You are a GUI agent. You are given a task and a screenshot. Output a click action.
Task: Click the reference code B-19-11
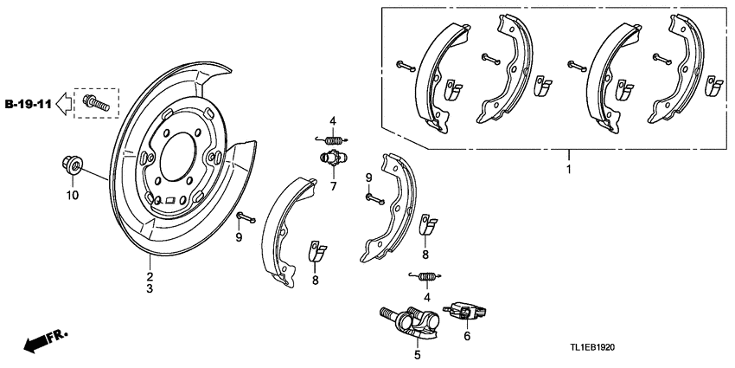click(28, 104)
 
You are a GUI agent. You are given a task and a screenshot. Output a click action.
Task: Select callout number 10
click(73, 196)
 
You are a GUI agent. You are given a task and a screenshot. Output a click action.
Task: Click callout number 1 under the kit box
click(568, 170)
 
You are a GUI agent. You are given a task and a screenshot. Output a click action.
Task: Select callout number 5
click(417, 353)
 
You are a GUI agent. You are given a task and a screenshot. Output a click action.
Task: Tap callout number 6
click(468, 337)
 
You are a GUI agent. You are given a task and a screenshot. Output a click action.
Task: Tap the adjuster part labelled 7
click(329, 159)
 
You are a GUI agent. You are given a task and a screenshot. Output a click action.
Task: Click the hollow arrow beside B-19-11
click(65, 104)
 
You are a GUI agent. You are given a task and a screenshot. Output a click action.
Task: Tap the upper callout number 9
click(367, 178)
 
